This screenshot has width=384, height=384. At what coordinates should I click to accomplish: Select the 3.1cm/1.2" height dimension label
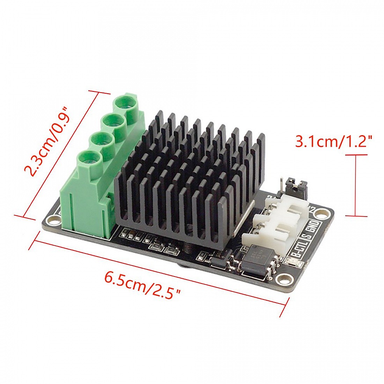(333, 142)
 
